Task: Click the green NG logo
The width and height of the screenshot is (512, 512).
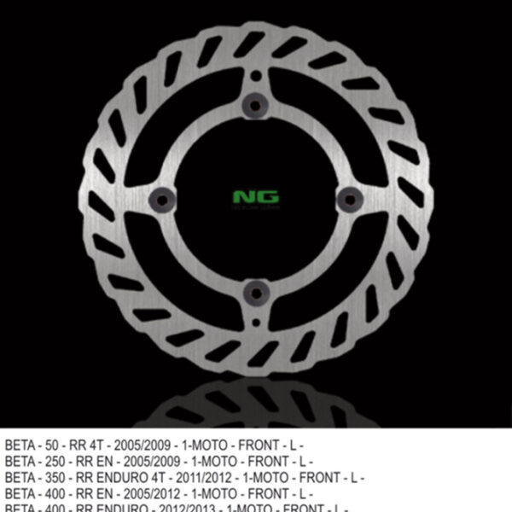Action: click(256, 197)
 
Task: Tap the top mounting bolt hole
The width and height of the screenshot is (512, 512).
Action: click(255, 105)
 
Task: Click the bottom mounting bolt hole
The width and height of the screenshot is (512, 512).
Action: click(255, 293)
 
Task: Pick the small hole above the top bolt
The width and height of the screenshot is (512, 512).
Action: click(255, 76)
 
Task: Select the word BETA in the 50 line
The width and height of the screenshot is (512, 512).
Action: click(20, 445)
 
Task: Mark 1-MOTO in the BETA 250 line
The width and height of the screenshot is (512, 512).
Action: click(217, 462)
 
